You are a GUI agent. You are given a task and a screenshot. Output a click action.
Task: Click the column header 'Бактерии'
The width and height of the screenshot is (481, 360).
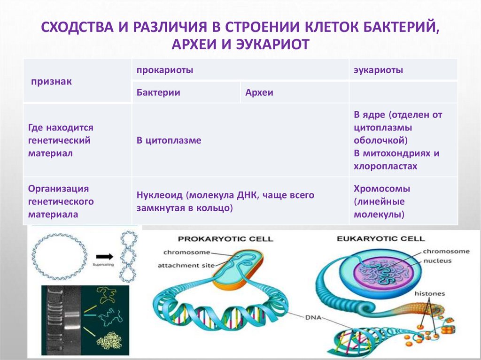coord(159,93)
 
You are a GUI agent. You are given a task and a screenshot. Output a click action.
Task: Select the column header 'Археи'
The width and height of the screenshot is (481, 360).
coord(259,93)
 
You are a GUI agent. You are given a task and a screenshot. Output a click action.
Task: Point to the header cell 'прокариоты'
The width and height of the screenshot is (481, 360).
coord(159,70)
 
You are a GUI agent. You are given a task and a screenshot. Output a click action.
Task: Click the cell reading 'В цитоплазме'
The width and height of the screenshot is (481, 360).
coord(169,140)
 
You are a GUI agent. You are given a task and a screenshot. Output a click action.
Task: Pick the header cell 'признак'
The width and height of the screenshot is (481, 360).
coord(51,82)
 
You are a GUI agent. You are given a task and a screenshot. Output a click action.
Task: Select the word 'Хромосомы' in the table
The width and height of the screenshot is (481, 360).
coord(382,189)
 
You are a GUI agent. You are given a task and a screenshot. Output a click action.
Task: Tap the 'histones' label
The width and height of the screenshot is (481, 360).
coord(430,293)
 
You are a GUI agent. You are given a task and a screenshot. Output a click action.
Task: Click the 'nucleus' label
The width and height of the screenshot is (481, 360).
coord(437,260)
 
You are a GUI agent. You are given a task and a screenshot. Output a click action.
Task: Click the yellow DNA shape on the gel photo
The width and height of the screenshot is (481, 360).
coord(107,295)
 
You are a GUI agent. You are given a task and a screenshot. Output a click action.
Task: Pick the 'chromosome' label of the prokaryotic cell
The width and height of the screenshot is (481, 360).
coord(186,253)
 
